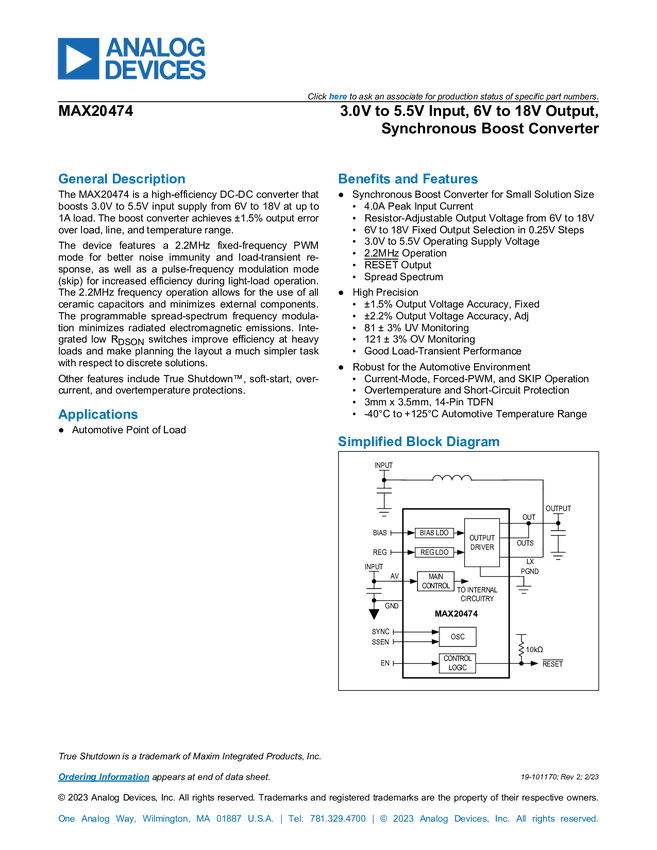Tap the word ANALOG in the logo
click(x=156, y=46)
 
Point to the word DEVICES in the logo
click(x=156, y=71)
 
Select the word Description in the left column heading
click(x=149, y=180)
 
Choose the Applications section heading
click(x=97, y=416)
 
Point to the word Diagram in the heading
click(x=474, y=441)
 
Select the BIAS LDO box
click(x=435, y=533)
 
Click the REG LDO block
click(x=435, y=552)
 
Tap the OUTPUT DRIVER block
click(x=482, y=543)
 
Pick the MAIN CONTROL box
click(x=436, y=581)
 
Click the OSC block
click(x=458, y=637)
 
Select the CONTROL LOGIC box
click(x=457, y=663)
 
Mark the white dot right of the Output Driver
click(x=558, y=533)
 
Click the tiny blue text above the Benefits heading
click(x=337, y=97)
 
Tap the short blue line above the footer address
click(x=103, y=777)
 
